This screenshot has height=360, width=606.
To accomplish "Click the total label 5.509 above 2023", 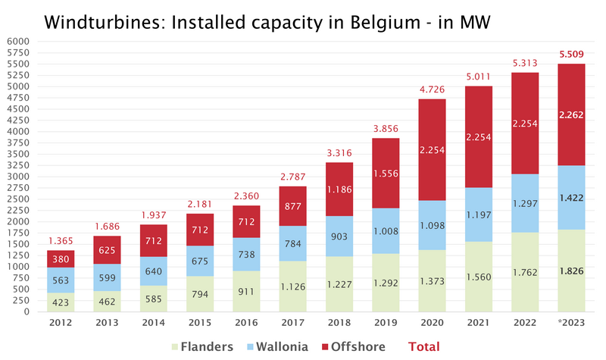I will tap(573, 55).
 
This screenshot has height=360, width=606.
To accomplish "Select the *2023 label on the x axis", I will tap(573, 323).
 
